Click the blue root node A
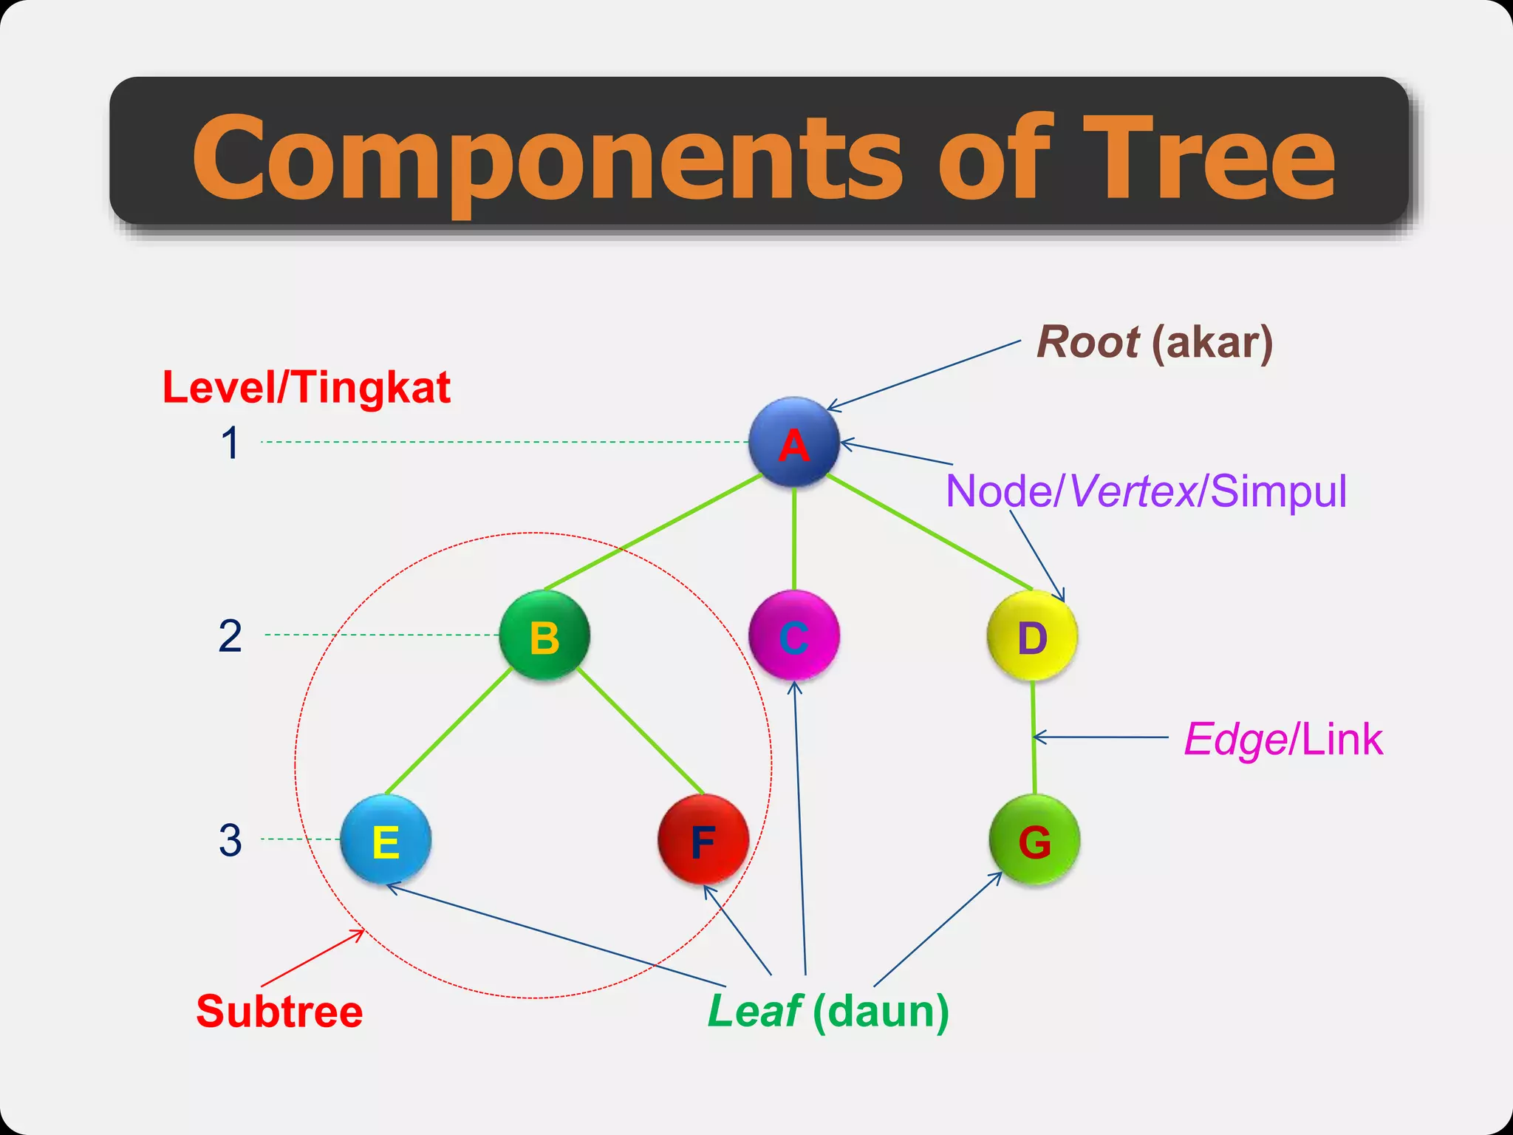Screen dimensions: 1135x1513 pyautogui.click(x=794, y=443)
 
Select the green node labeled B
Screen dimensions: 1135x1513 pyautogui.click(x=544, y=635)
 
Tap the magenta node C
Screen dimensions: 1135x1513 pyautogui.click(x=794, y=635)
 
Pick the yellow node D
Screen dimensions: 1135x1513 pyautogui.click(x=1032, y=636)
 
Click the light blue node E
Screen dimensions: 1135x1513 pyautogui.click(x=386, y=840)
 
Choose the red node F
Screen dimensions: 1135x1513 pyautogui.click(x=703, y=840)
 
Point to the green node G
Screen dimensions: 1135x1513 pyautogui.click(x=1034, y=840)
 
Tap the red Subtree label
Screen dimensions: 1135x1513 pyautogui.click(x=279, y=1012)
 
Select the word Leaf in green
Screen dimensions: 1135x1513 pyautogui.click(x=754, y=1012)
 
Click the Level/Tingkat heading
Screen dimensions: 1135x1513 pyautogui.click(x=306, y=387)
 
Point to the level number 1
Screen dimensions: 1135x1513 pyautogui.click(x=230, y=443)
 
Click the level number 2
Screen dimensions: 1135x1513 pyautogui.click(x=230, y=636)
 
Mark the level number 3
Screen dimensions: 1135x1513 pyautogui.click(x=230, y=841)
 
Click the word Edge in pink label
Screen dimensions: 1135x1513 pyautogui.click(x=1235, y=740)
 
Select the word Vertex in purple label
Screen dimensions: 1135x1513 pyautogui.click(x=1133, y=491)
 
